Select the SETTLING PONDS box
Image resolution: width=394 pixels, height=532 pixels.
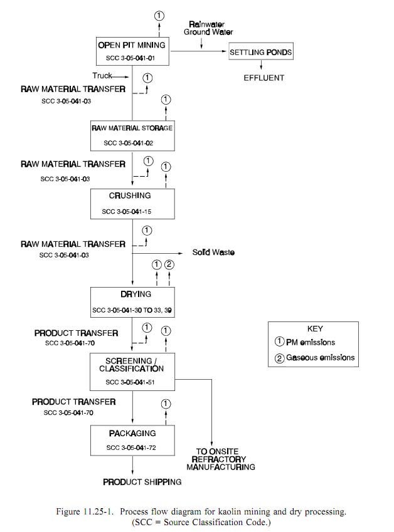coord(261,52)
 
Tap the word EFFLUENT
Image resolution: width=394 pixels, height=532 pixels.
coord(264,78)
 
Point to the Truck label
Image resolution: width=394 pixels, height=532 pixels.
coord(102,76)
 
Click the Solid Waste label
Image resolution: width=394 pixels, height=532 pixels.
coord(214,253)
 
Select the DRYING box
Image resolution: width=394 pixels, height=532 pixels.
coord(132,301)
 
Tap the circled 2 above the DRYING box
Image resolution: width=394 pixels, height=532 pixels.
coord(169,265)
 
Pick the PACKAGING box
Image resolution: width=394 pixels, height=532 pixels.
coord(132,439)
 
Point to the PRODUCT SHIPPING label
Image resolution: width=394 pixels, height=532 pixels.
coord(142,482)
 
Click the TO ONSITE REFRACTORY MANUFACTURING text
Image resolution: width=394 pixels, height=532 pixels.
coord(225,459)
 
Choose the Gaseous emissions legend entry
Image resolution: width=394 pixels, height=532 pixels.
coord(314,358)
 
